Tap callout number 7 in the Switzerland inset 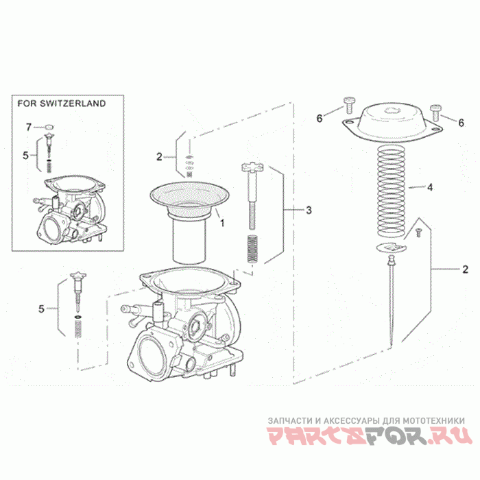click(29, 127)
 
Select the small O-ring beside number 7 click(49, 127)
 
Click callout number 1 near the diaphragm click(223, 223)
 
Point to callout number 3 click(309, 210)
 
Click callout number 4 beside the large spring click(430, 187)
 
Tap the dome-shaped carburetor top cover click(392, 123)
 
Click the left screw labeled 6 click(348, 106)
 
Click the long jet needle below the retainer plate click(391, 300)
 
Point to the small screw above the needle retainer click(418, 232)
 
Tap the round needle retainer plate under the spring click(391, 247)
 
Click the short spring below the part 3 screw click(252, 248)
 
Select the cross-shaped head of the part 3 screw click(252, 168)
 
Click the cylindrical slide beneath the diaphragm click(189, 239)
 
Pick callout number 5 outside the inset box click(41, 309)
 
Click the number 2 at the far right click(466, 269)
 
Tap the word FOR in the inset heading click(27, 104)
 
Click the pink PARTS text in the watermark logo click(315, 435)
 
